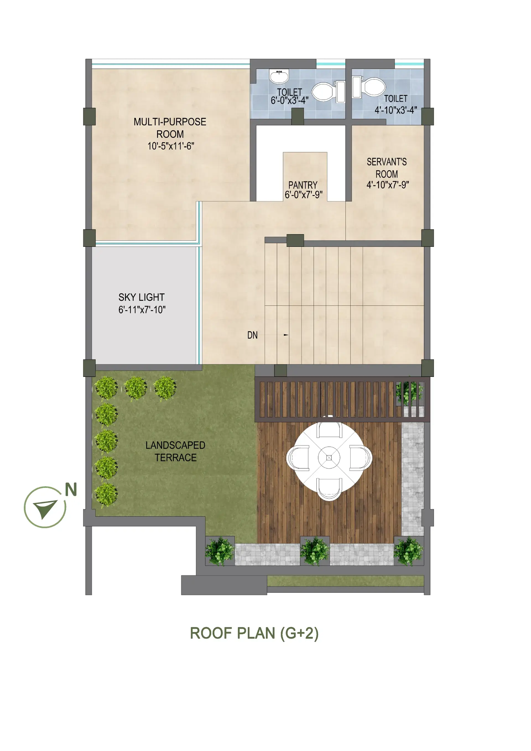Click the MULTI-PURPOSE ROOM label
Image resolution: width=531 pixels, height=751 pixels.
pos(170,128)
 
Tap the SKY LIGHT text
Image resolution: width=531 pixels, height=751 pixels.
pos(142,297)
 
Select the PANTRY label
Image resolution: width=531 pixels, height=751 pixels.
pos(303,185)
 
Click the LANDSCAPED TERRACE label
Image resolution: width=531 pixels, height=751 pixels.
pos(176,451)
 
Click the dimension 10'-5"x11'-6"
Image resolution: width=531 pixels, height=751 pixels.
pos(171,146)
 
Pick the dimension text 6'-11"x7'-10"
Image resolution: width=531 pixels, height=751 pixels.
pos(142,309)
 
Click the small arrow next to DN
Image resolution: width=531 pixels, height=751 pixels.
pos(286,335)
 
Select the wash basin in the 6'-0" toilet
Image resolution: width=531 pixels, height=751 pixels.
pos(279,76)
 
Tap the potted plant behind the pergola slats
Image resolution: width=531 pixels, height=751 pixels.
pos(409,392)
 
